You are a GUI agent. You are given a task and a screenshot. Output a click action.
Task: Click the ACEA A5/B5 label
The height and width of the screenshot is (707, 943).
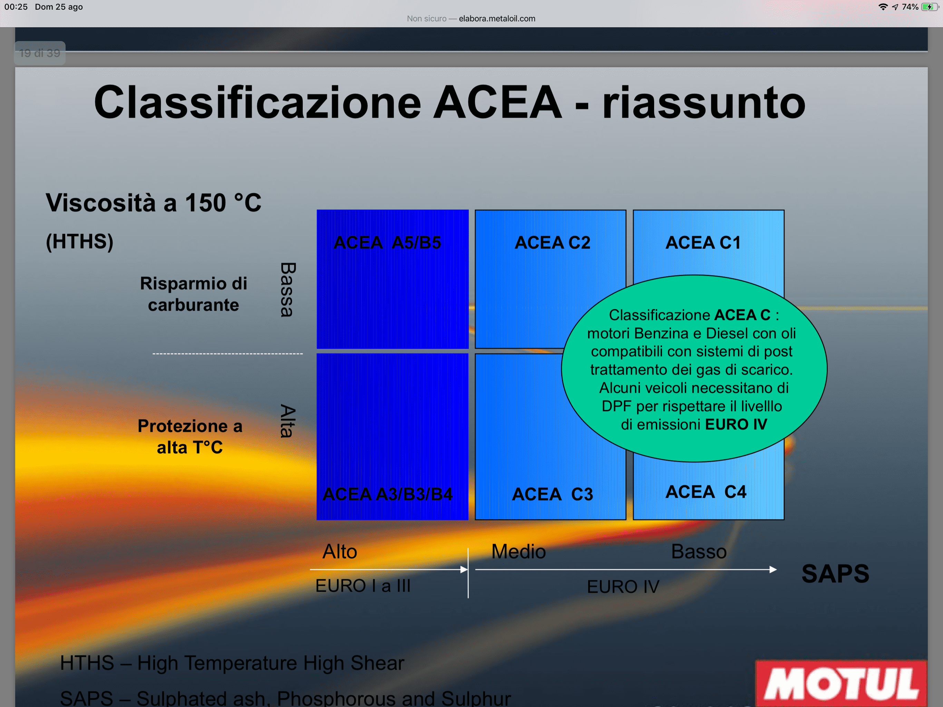387,243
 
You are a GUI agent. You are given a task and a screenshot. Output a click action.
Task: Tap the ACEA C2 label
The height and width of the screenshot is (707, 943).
553,243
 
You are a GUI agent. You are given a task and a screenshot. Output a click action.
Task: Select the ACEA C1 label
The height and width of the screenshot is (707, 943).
703,243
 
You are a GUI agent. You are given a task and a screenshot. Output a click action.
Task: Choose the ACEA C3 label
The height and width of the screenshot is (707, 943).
553,494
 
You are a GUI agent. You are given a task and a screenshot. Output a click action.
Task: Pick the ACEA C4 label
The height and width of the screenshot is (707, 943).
706,492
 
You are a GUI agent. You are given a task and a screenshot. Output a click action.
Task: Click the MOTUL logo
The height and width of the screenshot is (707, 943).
841,684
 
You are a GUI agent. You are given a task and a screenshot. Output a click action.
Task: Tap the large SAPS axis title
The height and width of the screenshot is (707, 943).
835,573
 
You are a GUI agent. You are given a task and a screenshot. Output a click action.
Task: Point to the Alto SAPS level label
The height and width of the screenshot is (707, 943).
340,551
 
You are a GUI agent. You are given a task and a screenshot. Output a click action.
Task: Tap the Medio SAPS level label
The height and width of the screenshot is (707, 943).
518,551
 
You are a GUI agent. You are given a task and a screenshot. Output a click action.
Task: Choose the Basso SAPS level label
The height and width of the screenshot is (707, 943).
699,551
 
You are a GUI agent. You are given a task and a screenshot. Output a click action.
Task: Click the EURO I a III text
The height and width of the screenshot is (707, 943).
363,586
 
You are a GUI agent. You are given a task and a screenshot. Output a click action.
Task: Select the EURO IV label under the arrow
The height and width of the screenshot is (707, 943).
623,587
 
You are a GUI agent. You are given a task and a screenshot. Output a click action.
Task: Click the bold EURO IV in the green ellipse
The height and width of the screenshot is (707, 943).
736,424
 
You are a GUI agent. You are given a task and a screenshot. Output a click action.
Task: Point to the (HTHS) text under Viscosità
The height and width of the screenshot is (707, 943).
80,241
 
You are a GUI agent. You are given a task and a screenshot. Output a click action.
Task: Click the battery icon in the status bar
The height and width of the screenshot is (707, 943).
929,7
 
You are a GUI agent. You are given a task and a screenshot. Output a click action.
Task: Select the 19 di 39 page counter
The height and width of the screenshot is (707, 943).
40,53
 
